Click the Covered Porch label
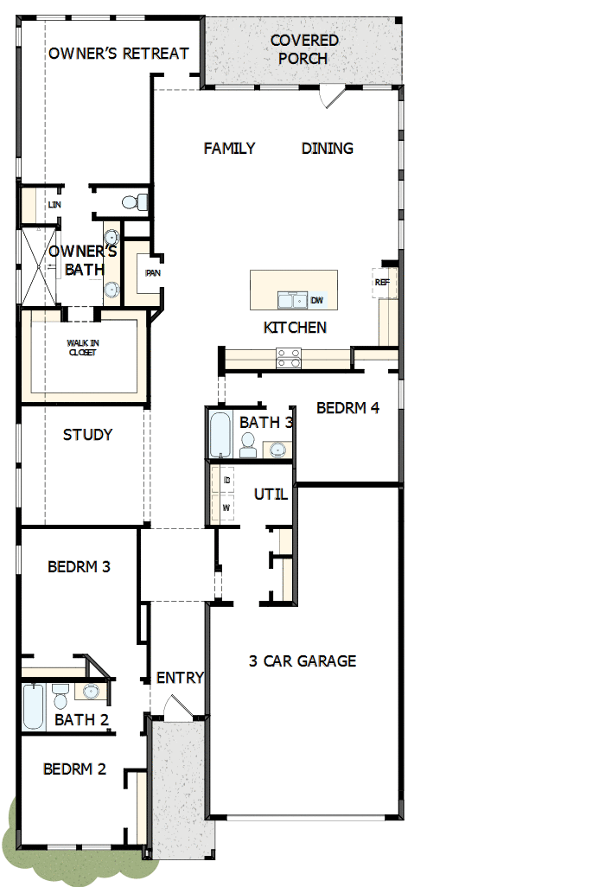(x=303, y=49)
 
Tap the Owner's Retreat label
(x=118, y=54)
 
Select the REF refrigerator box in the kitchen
(x=382, y=283)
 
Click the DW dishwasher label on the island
(x=317, y=300)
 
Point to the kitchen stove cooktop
(x=289, y=358)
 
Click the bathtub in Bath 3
(x=220, y=434)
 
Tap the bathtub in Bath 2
(x=34, y=706)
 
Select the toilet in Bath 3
(x=248, y=445)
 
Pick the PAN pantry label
(x=153, y=273)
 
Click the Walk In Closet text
(x=82, y=348)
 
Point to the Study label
(x=87, y=435)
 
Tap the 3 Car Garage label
(x=303, y=661)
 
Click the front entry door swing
(x=175, y=708)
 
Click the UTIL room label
(x=270, y=495)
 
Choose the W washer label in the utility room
(x=226, y=507)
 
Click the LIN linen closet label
(x=54, y=205)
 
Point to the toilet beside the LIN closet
(x=132, y=202)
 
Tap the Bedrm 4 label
(x=347, y=408)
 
